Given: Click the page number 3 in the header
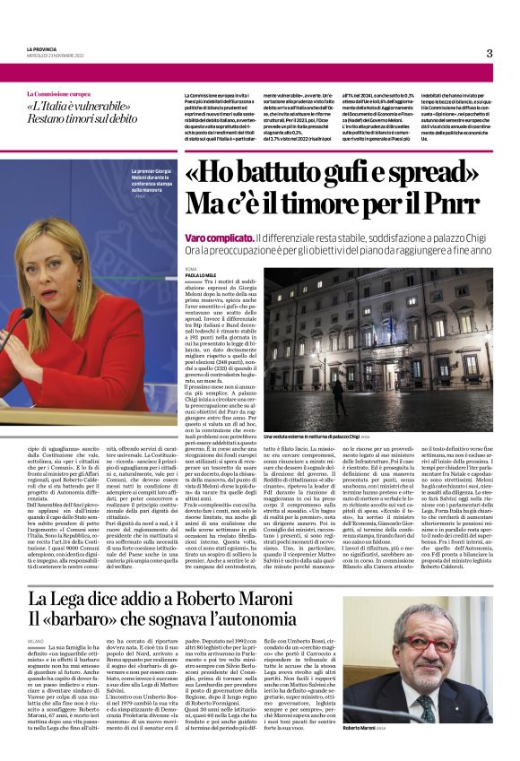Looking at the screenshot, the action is [489, 53].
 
